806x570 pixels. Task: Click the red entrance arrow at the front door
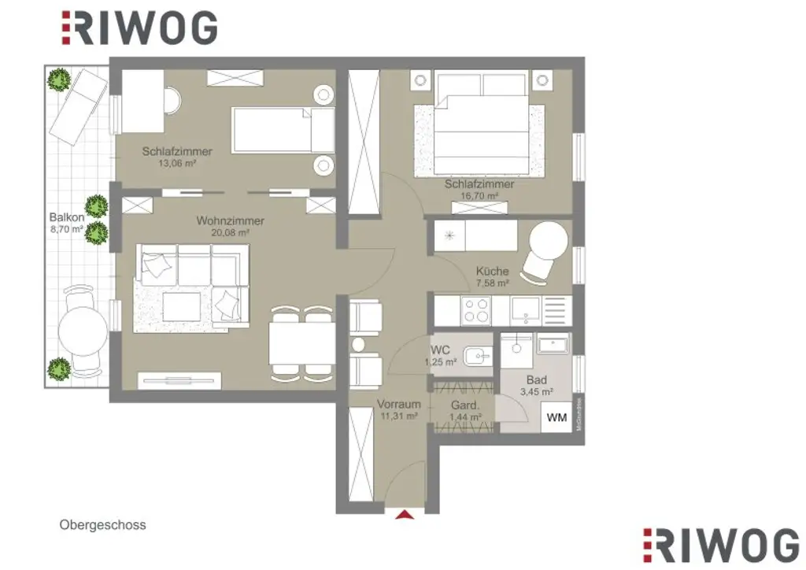coord(405,515)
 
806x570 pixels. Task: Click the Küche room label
coord(492,272)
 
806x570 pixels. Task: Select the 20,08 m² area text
coord(230,233)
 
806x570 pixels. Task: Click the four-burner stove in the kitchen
coord(475,311)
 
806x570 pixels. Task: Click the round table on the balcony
coord(83,333)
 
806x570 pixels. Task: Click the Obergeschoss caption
coord(102,524)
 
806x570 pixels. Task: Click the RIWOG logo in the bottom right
coord(720,545)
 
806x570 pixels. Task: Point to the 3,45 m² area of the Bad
coord(537,391)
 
